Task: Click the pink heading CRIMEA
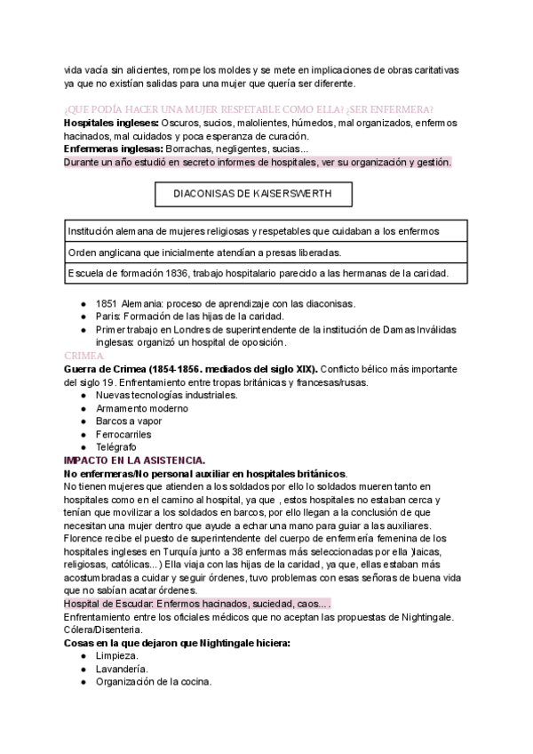(80, 354)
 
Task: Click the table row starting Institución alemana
(252, 231)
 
